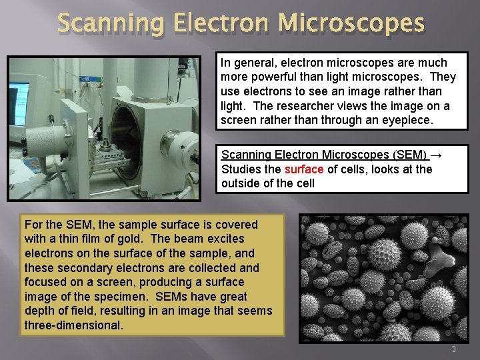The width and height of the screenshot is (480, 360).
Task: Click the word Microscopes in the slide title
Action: tap(351, 24)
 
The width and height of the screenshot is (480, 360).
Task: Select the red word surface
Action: tap(304, 169)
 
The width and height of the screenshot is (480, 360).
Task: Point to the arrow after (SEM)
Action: tap(437, 155)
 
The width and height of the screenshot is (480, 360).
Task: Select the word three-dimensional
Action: tap(73, 325)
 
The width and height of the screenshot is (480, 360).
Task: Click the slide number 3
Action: tap(453, 349)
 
